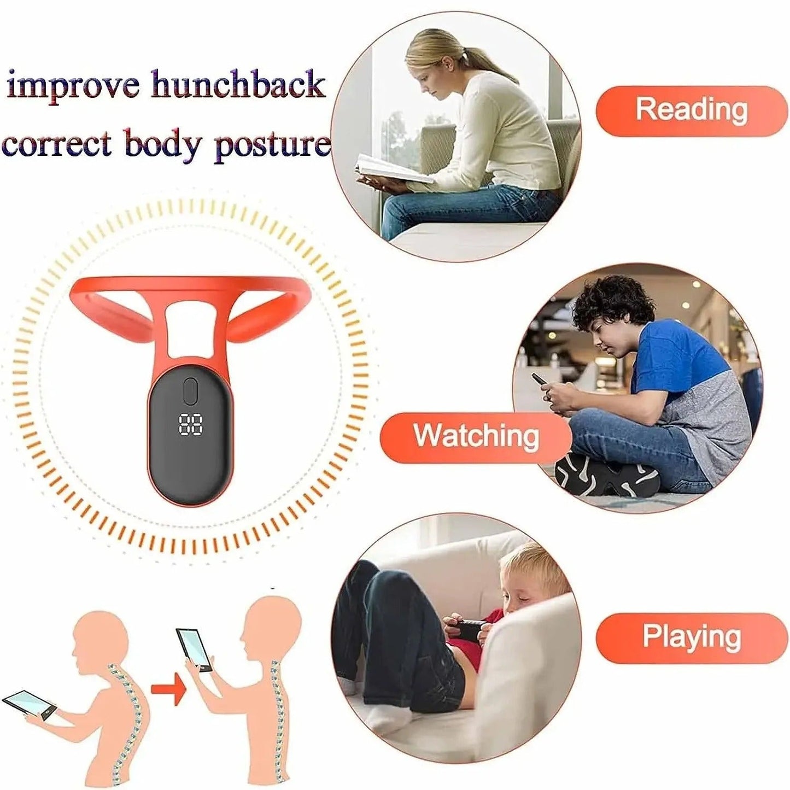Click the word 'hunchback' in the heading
click(x=238, y=85)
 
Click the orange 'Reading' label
click(x=691, y=110)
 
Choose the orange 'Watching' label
click(x=476, y=437)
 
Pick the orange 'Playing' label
click(x=691, y=637)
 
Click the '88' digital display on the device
click(x=191, y=424)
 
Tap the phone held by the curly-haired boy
click(x=540, y=379)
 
